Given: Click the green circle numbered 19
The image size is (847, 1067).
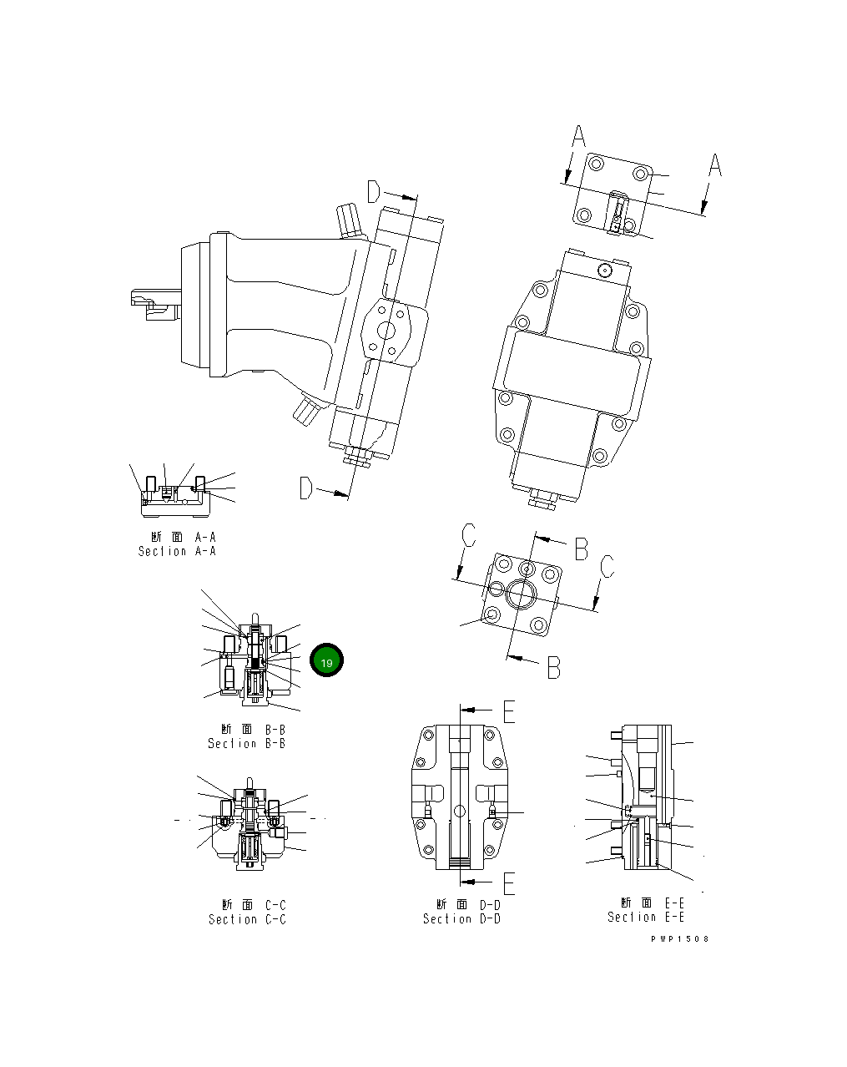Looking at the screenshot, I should [x=326, y=661].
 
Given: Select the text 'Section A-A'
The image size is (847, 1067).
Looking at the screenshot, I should [x=177, y=551].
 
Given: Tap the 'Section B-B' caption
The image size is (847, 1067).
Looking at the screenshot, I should [x=246, y=743].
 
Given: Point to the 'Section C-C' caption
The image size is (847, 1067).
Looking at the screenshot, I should [x=247, y=919].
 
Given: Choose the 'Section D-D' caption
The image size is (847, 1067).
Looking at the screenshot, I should [x=461, y=918].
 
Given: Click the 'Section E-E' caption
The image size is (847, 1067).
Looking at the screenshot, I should [x=646, y=917].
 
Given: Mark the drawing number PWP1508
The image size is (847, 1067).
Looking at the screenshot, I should [x=680, y=938].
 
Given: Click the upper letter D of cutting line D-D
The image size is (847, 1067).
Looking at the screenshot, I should [x=374, y=192].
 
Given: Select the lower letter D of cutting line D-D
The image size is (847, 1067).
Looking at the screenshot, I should [x=306, y=488].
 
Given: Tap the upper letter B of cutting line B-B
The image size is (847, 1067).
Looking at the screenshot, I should [x=581, y=549].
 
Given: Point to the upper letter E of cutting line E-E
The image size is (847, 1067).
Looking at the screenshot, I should [x=508, y=710].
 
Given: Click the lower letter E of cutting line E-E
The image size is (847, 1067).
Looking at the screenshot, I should [x=508, y=882].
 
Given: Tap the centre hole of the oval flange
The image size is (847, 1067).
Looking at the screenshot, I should [x=386, y=331].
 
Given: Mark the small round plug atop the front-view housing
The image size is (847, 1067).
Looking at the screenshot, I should [x=605, y=270].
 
